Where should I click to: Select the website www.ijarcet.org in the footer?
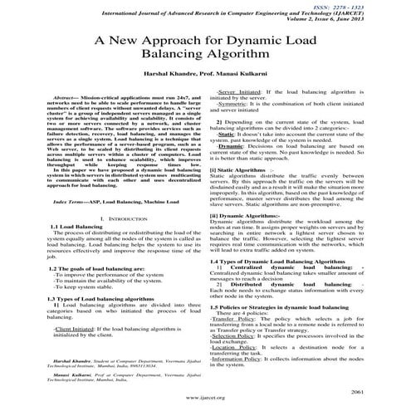point(205,398)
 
